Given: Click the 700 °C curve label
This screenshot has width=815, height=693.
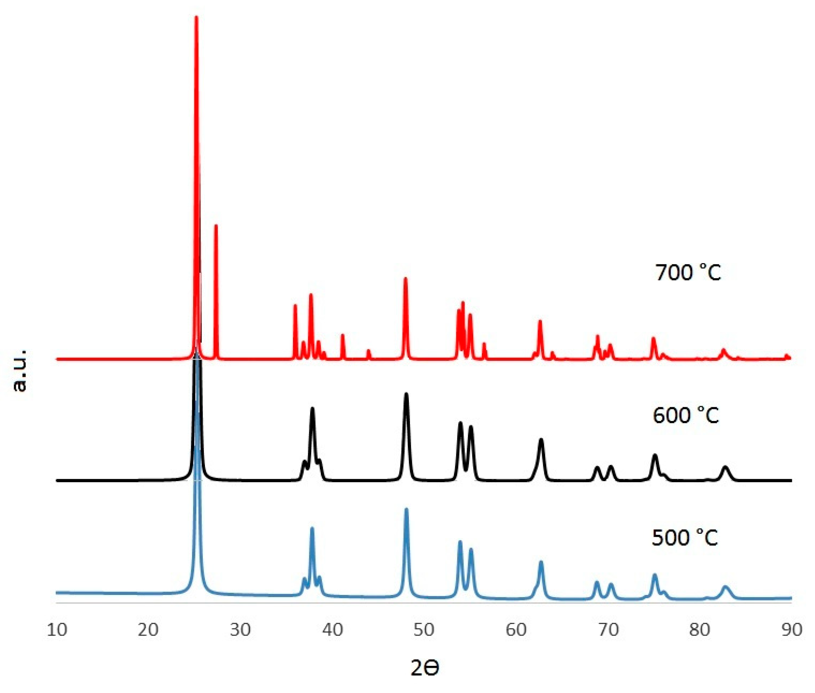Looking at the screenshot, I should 688,272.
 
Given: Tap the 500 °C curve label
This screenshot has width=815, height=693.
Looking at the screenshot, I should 685,537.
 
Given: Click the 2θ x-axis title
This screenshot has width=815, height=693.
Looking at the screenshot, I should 425,668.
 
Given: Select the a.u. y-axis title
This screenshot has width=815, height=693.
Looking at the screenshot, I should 20,370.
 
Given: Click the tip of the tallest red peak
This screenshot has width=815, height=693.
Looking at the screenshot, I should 196,17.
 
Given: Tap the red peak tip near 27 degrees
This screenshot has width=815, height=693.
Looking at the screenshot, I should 216,226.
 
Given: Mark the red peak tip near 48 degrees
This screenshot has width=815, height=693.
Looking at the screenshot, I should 406,278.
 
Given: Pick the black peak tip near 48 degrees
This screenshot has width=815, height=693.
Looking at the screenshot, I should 406,394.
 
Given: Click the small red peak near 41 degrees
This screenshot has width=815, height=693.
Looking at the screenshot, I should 343,335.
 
